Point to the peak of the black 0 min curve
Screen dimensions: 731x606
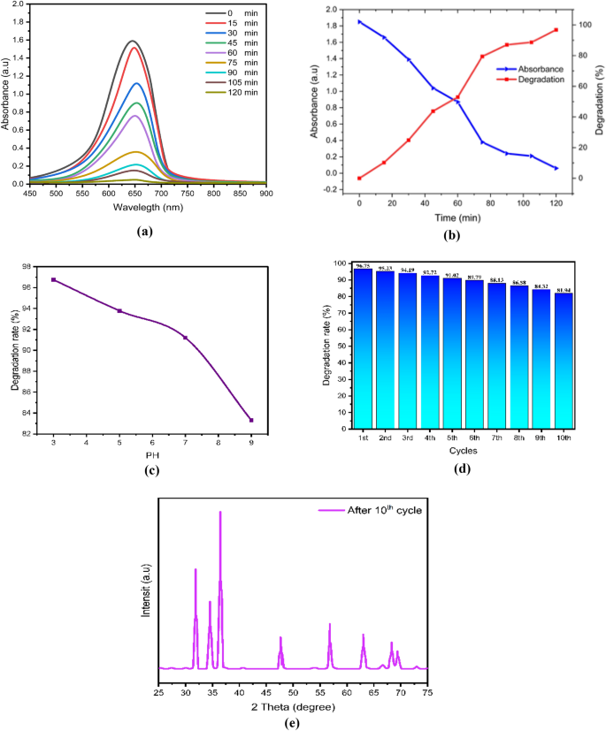point(133,41)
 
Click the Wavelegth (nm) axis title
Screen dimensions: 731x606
point(149,207)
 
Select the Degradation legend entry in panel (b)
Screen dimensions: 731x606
point(534,79)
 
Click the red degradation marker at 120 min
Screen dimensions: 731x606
point(556,30)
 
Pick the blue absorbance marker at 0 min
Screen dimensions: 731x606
point(359,21)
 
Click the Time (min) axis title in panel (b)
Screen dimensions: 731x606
point(457,217)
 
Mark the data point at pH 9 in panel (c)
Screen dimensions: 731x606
point(251,420)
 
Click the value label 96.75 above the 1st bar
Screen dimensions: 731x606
point(362,265)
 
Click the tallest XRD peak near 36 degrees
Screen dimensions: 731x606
point(220,513)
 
